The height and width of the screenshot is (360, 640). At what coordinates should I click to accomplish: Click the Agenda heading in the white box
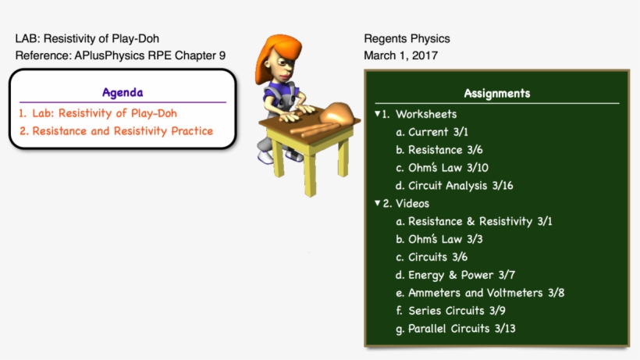123,92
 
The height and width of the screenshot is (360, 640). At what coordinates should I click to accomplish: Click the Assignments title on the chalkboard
496,93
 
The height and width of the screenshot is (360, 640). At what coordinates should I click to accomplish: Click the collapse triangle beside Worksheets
376,114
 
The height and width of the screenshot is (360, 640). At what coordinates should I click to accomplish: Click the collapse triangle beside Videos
376,203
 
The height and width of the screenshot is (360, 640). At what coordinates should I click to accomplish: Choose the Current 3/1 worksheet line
438,132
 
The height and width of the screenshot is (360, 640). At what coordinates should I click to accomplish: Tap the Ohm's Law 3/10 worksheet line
448,168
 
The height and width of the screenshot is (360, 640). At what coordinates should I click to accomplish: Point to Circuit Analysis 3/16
460,186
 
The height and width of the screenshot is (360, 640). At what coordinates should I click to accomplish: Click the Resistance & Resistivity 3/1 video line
479,222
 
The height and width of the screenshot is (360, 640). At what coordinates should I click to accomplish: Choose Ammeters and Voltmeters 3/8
485,293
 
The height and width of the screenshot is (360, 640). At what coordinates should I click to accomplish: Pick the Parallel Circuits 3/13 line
461,329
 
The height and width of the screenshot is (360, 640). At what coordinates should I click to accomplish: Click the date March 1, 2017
400,55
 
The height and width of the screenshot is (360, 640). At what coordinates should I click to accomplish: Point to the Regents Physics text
407,38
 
